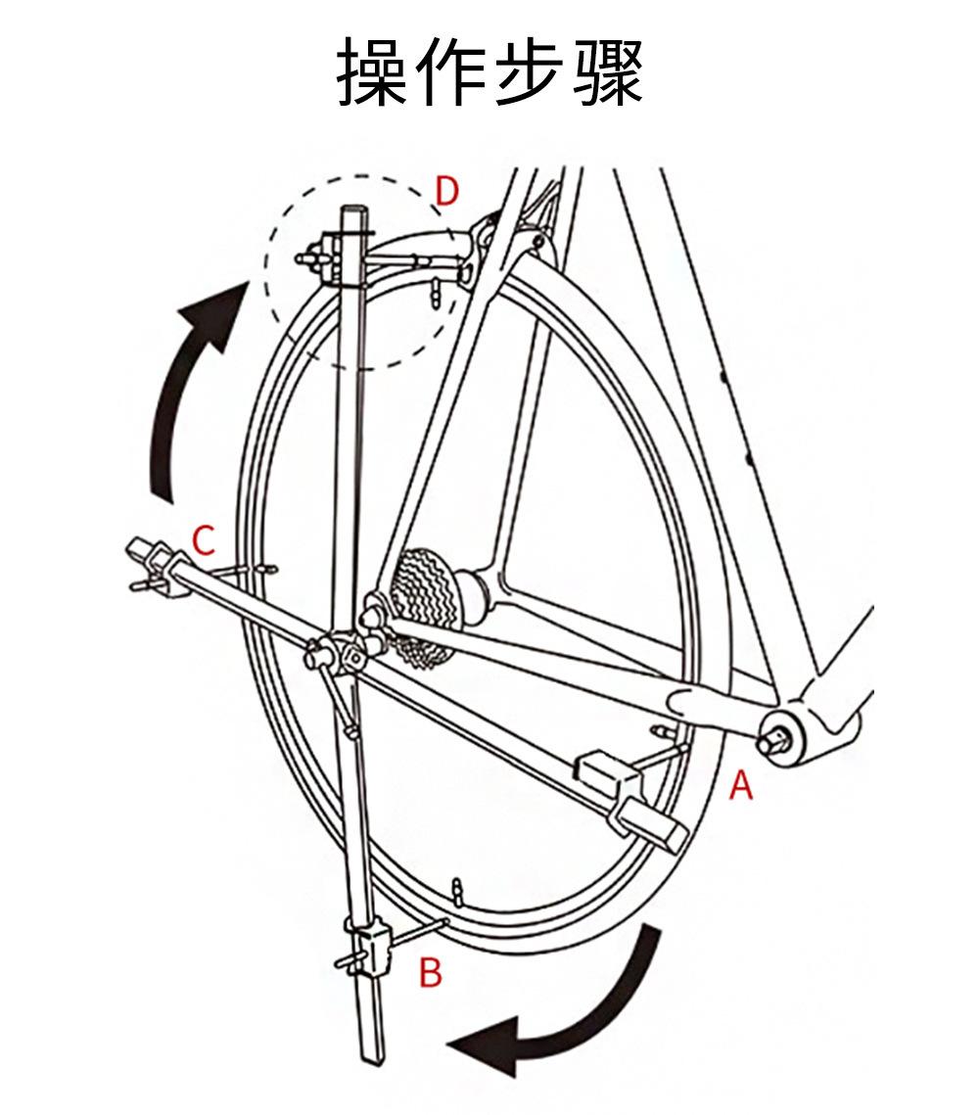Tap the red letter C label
point(203,540)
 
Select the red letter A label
point(741,784)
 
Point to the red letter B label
point(431,973)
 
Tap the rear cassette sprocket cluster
point(423,598)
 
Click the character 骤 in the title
point(607,73)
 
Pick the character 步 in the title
point(530,73)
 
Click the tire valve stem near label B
point(456,890)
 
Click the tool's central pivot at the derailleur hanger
point(338,654)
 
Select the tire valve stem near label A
point(662,731)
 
